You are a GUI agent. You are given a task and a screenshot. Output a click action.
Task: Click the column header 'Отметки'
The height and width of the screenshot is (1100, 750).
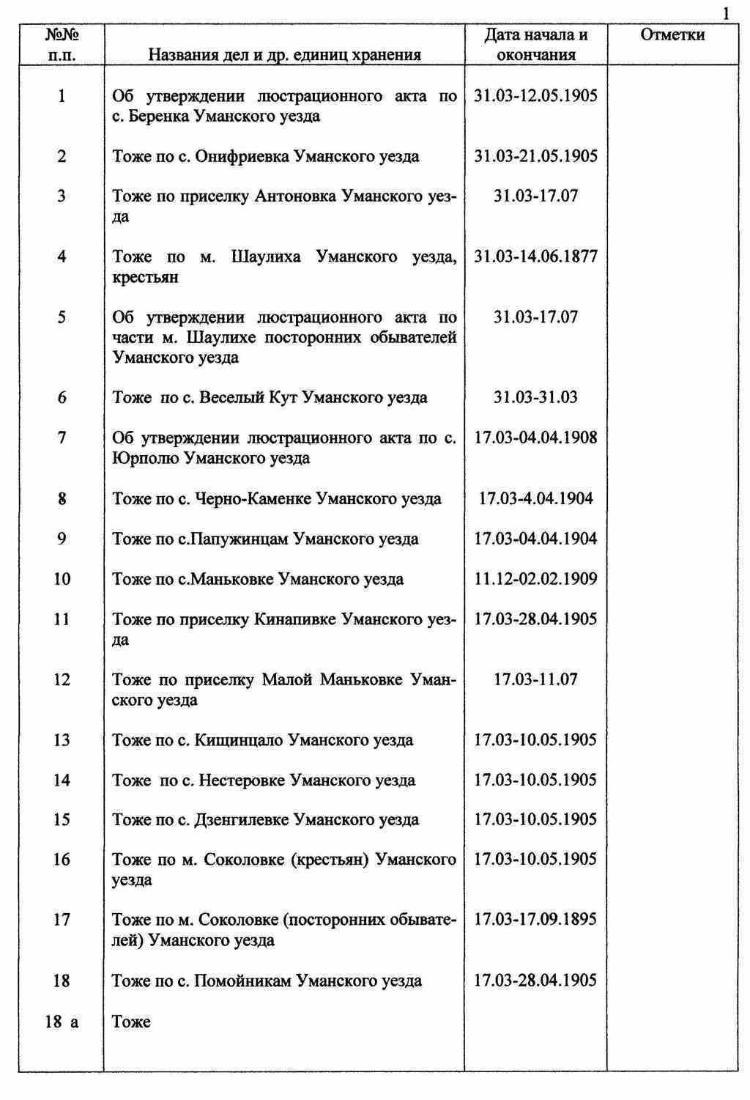tap(672, 34)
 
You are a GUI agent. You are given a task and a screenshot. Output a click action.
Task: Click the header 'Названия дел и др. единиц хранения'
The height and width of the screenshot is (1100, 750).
tap(284, 54)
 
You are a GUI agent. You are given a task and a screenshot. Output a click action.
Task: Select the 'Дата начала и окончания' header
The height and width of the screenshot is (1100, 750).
tap(536, 45)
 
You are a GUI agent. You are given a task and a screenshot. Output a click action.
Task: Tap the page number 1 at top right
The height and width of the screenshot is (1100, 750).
tap(726, 13)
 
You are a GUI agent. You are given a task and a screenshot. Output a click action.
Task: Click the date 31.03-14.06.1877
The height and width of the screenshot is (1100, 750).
tap(536, 256)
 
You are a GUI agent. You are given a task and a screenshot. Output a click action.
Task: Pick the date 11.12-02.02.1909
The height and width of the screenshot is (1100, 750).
tap(536, 579)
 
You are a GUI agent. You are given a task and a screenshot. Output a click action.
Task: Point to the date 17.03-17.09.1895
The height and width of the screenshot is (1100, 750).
tap(536, 919)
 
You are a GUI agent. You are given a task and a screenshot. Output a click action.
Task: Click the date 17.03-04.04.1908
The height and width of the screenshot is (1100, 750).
tap(536, 438)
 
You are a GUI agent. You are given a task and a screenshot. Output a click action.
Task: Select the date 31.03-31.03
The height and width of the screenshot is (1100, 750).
tap(536, 397)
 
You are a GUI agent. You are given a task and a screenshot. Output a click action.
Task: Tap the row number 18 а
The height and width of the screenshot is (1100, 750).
tap(62, 1022)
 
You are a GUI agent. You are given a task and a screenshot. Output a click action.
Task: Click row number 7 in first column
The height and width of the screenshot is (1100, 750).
tap(62, 438)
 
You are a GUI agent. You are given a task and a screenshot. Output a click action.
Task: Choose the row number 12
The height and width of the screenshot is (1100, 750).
tap(62, 679)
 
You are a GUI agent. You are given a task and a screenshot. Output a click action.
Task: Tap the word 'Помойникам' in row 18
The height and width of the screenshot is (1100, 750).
tap(243, 981)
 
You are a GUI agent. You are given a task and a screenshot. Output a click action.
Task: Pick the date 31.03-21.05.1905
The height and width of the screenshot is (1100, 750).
tap(536, 156)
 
